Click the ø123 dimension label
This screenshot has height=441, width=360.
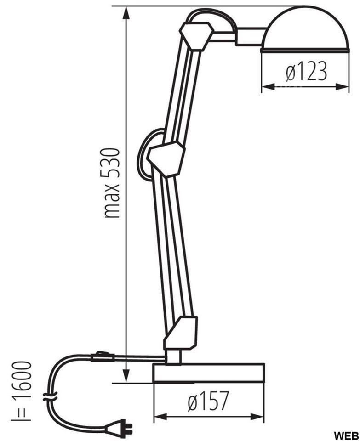point(307,71)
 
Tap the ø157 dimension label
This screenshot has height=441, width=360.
point(208,401)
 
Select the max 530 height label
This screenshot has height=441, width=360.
point(111,183)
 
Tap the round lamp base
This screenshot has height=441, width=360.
point(208,373)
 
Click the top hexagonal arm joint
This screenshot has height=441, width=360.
point(197,35)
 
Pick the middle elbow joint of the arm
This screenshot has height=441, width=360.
point(166,159)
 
